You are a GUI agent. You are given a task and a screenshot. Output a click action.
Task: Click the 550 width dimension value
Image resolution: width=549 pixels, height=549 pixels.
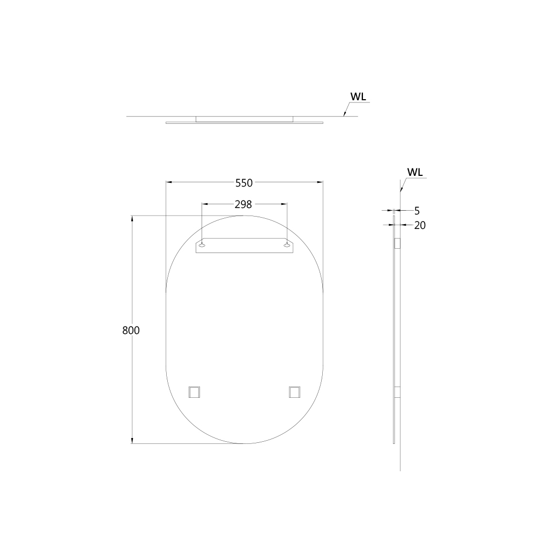click(x=244, y=183)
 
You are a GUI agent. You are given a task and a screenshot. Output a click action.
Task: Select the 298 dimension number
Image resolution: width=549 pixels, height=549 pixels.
click(x=243, y=204)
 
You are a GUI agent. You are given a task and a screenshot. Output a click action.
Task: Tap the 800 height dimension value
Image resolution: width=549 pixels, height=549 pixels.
click(x=131, y=330)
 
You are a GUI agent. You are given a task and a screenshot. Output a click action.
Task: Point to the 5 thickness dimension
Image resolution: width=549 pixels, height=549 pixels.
click(x=417, y=211)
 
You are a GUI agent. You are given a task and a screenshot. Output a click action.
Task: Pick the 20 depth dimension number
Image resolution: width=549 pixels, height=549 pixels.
click(x=420, y=226)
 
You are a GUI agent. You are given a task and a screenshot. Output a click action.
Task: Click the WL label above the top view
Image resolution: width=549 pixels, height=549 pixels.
click(x=358, y=97)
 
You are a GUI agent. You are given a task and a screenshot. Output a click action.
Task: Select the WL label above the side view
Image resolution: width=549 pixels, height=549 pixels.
click(x=415, y=172)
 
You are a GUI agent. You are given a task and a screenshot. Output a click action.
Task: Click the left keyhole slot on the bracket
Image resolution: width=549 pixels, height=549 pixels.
click(x=202, y=245)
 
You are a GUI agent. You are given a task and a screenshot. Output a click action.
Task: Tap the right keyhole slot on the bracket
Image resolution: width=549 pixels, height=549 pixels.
click(x=287, y=245)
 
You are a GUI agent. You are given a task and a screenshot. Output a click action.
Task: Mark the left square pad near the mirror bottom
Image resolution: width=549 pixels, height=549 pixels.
click(x=194, y=392)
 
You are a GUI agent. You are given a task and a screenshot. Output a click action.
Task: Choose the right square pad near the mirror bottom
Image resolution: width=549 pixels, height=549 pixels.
click(x=294, y=392)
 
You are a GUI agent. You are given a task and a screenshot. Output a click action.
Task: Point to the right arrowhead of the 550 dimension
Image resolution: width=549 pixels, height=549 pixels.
click(x=320, y=183)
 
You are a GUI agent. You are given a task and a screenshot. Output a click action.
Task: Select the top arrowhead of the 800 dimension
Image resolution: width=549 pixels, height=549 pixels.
click(x=132, y=219)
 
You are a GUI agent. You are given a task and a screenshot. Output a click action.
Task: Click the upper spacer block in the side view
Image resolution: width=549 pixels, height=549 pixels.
click(x=397, y=243)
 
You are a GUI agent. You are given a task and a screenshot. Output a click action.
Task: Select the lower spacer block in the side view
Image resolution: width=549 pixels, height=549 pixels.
click(x=397, y=392)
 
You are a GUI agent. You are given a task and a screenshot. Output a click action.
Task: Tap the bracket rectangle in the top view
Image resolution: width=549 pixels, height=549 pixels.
click(x=244, y=119)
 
